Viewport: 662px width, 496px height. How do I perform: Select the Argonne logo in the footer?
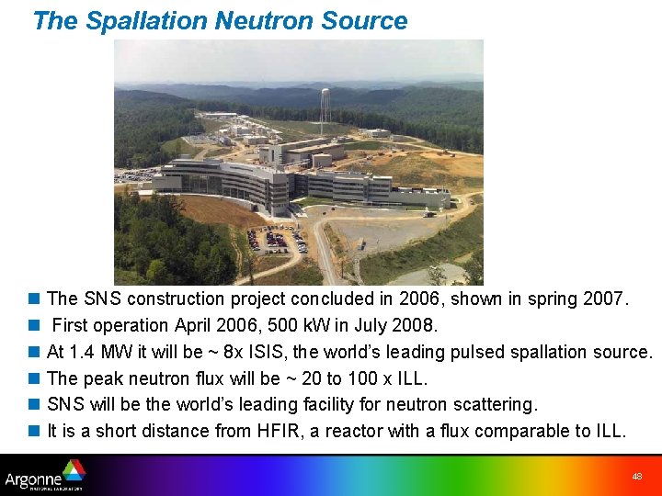point(45,475)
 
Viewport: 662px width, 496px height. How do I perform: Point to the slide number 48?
point(636,477)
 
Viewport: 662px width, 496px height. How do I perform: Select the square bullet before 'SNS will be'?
point(34,405)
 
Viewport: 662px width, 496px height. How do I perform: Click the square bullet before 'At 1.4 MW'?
point(34,352)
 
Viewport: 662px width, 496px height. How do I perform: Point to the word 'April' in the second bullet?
point(194,325)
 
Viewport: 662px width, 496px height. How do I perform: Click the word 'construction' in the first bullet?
point(177,299)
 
